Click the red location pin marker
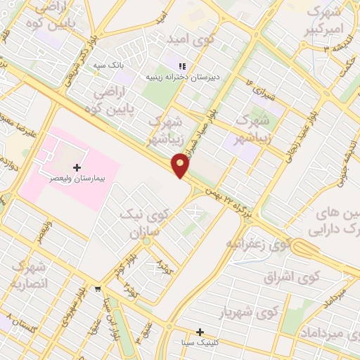pos(181,165)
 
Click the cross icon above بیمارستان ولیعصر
pos(77,167)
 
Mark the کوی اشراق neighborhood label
pos(290,277)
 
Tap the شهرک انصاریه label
pos(28,276)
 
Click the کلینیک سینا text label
pos(200,343)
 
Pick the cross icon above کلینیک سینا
pos(200,331)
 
